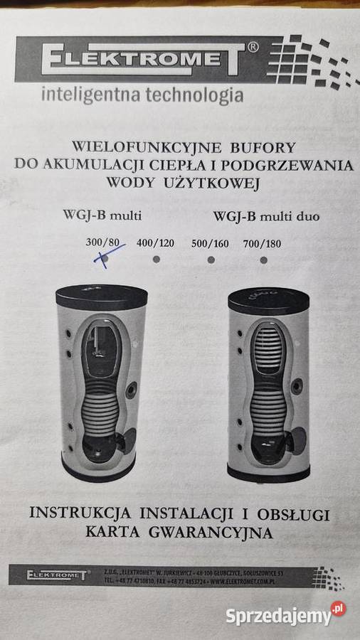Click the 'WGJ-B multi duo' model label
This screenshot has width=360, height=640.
coord(265,215)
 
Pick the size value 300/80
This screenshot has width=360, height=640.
coord(102,243)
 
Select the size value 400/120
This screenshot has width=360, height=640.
coord(155,243)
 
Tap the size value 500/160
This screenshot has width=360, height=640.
coord(210,244)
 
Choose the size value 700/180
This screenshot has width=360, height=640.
coord(262,244)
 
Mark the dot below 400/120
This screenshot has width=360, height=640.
coord(157,259)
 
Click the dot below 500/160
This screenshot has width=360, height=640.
coord(211,260)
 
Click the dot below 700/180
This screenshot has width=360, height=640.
coord(263,260)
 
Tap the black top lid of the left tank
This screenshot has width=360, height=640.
coord(101,295)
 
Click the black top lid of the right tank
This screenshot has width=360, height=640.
coord(269,300)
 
